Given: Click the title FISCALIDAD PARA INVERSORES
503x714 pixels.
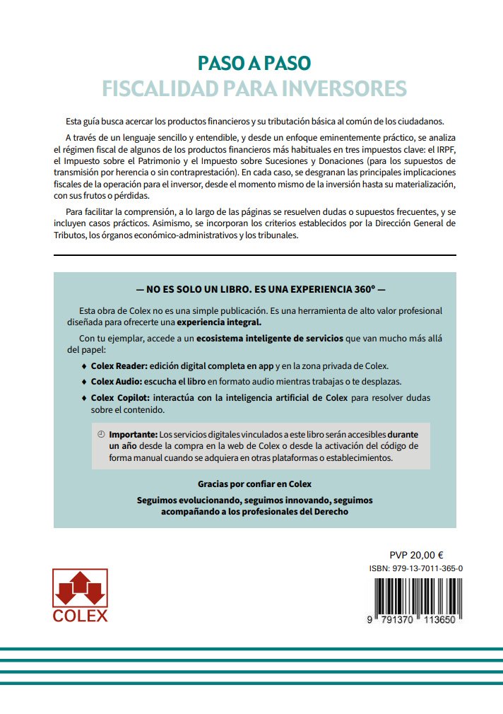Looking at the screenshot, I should pyautogui.click(x=254, y=89).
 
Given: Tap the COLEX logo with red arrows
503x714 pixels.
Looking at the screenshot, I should pyautogui.click(x=81, y=595).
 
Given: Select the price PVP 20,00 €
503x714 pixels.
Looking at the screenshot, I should pyautogui.click(x=416, y=555).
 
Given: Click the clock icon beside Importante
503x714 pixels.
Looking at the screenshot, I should pyautogui.click(x=100, y=433).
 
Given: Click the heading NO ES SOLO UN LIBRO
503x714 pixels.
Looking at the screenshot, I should pyautogui.click(x=255, y=290).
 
